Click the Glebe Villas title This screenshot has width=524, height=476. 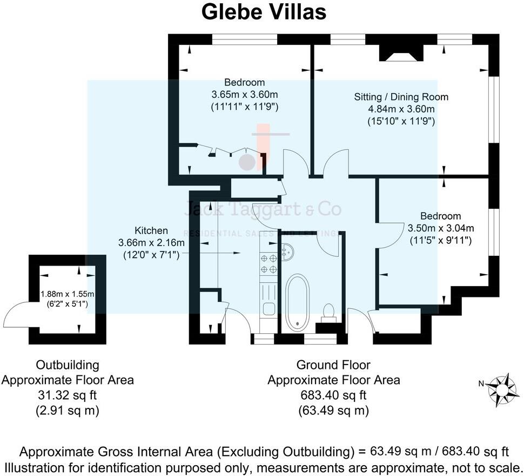[264, 12]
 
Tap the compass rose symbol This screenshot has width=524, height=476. [501, 388]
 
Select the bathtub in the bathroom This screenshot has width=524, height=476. [297, 303]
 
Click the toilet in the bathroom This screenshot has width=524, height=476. [328, 313]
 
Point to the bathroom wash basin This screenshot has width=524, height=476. [287, 250]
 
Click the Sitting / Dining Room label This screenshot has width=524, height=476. [401, 97]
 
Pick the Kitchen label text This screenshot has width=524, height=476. [151, 230]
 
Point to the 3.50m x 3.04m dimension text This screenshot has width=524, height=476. [441, 228]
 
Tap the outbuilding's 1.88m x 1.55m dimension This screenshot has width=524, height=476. [68, 294]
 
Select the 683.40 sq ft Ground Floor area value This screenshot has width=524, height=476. [333, 395]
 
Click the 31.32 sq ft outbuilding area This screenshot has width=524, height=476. [67, 395]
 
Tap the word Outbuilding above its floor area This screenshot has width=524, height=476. [67, 365]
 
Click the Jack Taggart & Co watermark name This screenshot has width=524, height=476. [263, 209]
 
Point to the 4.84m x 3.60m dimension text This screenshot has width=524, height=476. [401, 109]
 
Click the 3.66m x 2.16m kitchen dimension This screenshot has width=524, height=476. [151, 243]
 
